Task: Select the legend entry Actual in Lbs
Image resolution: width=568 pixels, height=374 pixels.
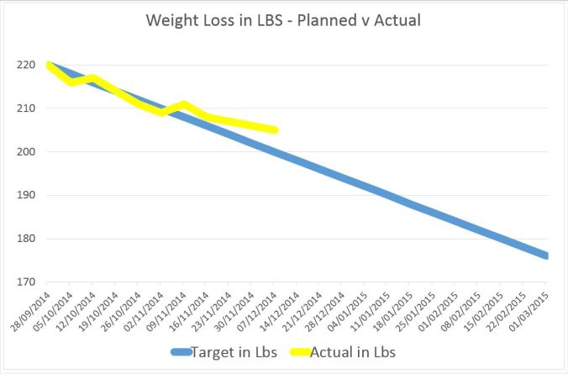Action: (354, 352)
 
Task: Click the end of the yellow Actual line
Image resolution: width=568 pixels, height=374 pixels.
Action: (276, 130)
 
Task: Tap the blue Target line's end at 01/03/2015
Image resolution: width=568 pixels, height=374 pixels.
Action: (547, 255)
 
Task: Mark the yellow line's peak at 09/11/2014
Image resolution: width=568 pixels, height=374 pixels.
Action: (184, 104)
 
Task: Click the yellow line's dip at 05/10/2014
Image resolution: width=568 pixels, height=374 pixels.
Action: (71, 82)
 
